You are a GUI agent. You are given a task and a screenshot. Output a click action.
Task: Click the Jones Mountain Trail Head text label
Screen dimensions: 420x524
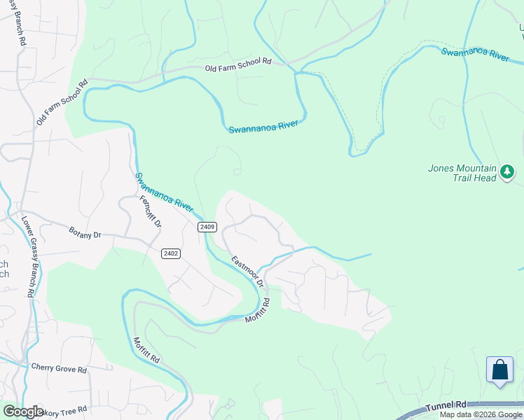coord(462,174)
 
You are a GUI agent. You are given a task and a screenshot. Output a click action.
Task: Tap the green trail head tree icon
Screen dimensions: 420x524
coord(508,171)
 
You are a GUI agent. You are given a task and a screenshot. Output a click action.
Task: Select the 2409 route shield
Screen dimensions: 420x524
coord(207,227)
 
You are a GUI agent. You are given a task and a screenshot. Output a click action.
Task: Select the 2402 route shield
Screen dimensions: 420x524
coord(170,253)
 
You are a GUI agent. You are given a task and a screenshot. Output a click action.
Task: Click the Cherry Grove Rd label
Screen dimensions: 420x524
coord(59,369)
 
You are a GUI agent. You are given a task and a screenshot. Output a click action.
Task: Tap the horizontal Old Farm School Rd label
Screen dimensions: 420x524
coord(237,65)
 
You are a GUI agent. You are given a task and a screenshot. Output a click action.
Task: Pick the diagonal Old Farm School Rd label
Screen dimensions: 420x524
coord(62,103)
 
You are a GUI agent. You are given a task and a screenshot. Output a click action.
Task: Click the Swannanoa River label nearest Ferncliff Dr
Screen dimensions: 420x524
coord(164,192)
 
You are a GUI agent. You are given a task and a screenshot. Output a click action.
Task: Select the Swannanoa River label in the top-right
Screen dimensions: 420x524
coord(474,55)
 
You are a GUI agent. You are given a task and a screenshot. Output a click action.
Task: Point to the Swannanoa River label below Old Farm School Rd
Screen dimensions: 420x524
coord(263,127)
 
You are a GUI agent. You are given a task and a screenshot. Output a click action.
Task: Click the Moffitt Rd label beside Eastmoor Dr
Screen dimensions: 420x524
coord(257,310)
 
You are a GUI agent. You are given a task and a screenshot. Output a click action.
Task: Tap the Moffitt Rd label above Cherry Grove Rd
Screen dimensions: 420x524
coord(146,349)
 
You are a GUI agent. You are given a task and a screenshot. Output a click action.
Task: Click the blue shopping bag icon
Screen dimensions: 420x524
coord(500,370)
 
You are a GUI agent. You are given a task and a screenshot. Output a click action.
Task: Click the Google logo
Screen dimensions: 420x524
coord(22,412)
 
